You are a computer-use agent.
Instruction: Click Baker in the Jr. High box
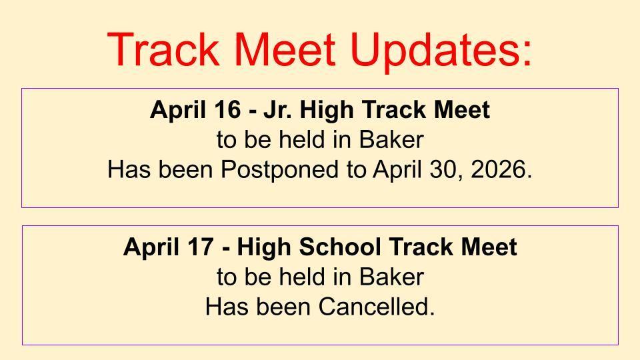[x=391, y=141]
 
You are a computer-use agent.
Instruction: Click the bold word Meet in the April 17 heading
[x=490, y=247]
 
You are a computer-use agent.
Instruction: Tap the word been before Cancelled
[x=279, y=307]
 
